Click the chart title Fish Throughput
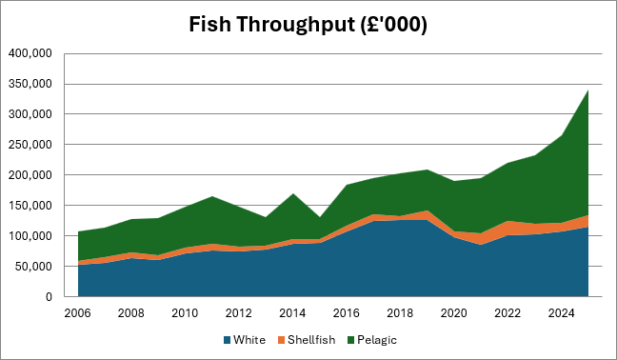pyautogui.click(x=271, y=25)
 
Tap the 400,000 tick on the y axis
pyautogui.click(x=30, y=53)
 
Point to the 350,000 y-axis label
pyautogui.click(x=30, y=84)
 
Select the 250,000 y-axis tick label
pyautogui.click(x=30, y=145)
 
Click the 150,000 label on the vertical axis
pyautogui.click(x=30, y=206)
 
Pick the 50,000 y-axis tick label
pyautogui.click(x=33, y=267)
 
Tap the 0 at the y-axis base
pyautogui.click(x=49, y=296)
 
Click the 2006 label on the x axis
pyautogui.click(x=77, y=313)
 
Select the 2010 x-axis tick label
pyautogui.click(x=185, y=313)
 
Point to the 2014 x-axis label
pyautogui.click(x=292, y=313)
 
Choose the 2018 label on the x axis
pyautogui.click(x=400, y=313)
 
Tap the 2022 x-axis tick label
pyautogui.click(x=508, y=313)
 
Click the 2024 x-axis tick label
pyautogui.click(x=562, y=313)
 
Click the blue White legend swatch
pyautogui.click(x=227, y=340)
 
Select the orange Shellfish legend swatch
pyautogui.click(x=281, y=340)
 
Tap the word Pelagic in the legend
pyautogui.click(x=377, y=340)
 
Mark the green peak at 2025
pyautogui.click(x=587, y=90)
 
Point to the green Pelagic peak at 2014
pyautogui.click(x=293, y=193)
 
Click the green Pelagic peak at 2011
pyautogui.click(x=212, y=196)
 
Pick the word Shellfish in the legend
pyautogui.click(x=311, y=340)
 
